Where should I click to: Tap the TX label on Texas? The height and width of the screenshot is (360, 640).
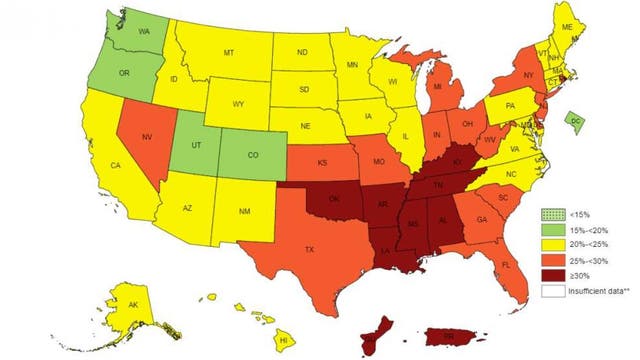[x=310, y=247]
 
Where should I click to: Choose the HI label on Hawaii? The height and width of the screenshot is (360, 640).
[x=284, y=341]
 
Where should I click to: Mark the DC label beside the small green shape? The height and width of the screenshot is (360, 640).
[x=576, y=121]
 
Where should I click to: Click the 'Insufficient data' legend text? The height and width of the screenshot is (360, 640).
[x=596, y=289]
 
